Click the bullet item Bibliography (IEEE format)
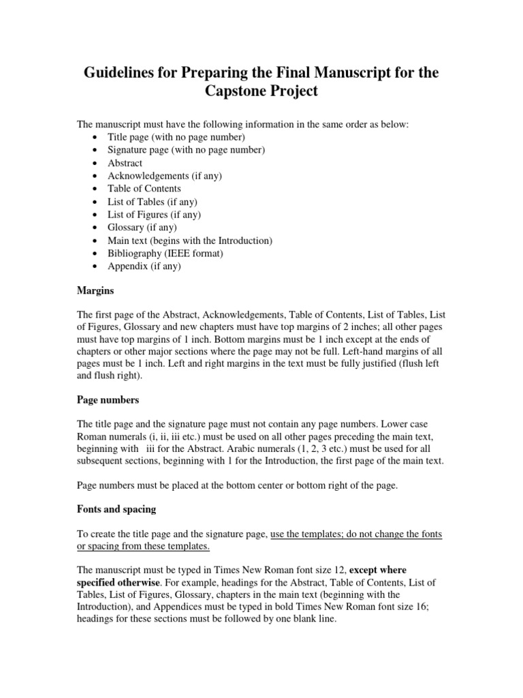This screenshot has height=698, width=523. [x=165, y=254]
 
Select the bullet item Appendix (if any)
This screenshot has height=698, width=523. [x=144, y=267]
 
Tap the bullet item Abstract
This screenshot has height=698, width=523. [x=125, y=163]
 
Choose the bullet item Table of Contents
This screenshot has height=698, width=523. [x=144, y=189]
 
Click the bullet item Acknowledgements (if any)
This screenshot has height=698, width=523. [x=164, y=176]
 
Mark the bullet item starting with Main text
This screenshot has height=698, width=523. [x=189, y=241]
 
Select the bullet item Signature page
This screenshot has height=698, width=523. [x=186, y=150]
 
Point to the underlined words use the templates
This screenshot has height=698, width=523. [x=305, y=535]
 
